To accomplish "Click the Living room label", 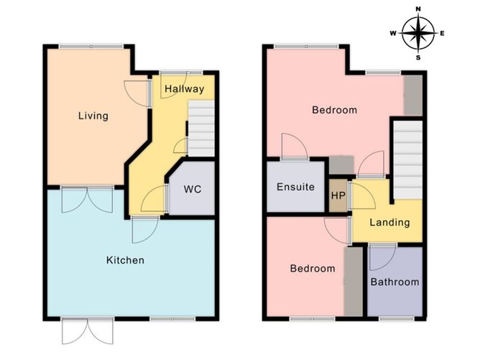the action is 93,116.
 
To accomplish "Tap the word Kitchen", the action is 125,260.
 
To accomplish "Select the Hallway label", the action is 184,89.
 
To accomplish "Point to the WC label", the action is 193,189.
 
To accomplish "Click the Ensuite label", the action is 295,187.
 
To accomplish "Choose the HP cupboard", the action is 338,195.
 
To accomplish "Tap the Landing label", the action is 389,222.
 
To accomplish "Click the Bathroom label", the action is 395,282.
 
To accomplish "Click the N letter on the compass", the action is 418,9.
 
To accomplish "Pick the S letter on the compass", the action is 418,57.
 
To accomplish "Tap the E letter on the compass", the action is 442,33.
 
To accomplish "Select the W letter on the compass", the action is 393,33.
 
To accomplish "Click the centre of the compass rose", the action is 418,33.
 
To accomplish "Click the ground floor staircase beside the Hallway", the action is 201,129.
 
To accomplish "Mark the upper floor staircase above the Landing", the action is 407,160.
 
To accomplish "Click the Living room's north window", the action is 91,46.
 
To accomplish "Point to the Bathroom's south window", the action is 396,318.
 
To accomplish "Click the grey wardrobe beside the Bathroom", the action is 354,282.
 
